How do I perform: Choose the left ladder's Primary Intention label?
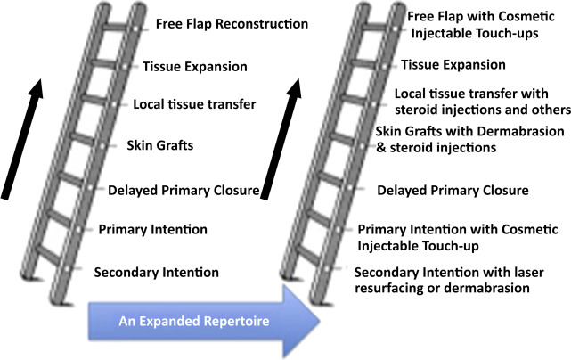coord(152,229)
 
